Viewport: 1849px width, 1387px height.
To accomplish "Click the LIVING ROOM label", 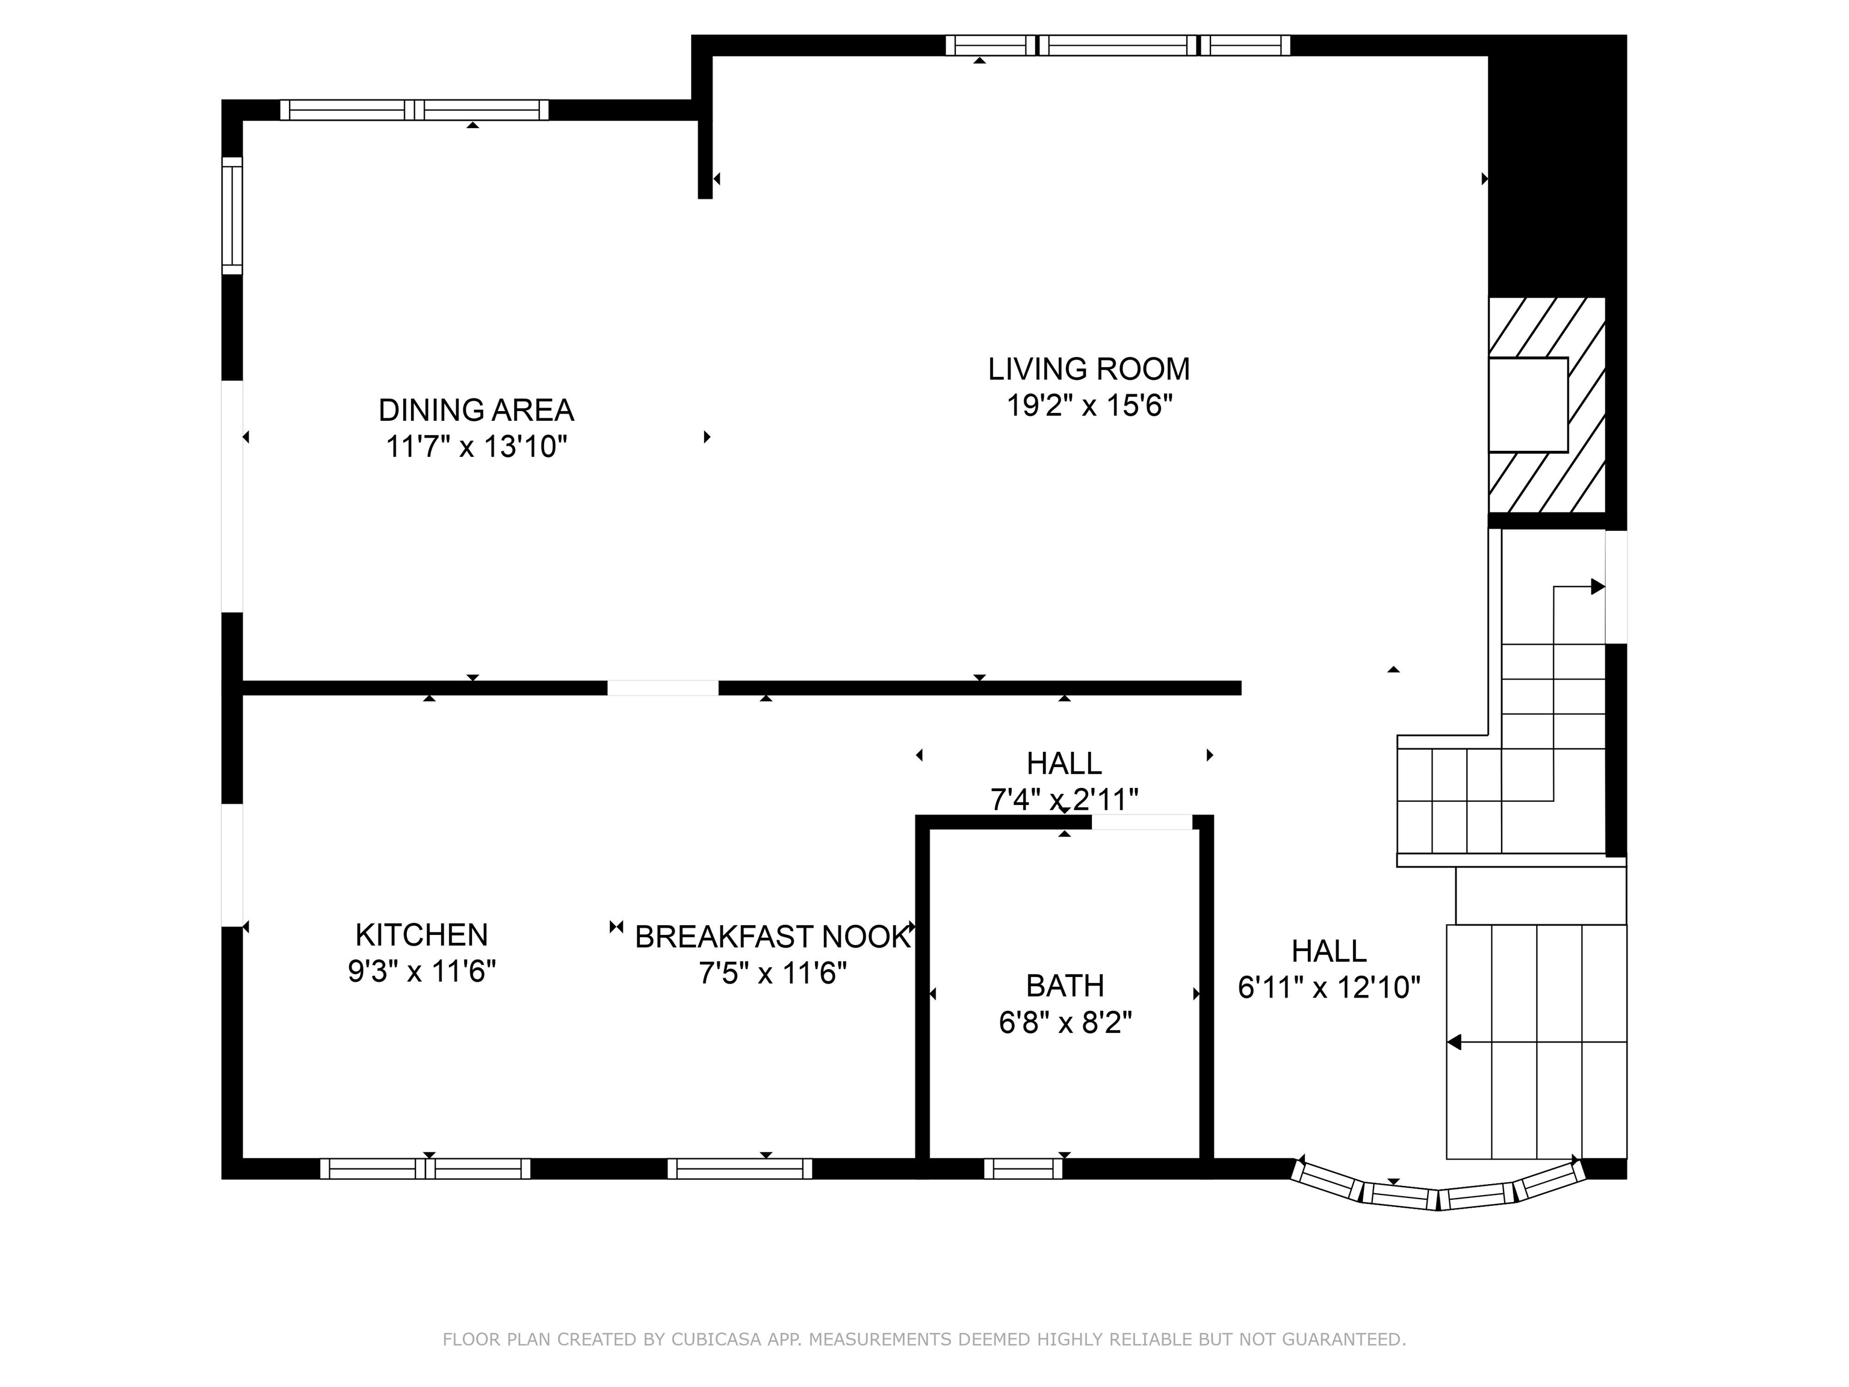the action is click(1088, 368).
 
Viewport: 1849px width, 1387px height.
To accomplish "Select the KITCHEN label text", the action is click(421, 935).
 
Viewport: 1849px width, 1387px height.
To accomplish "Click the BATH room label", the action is click(1065, 985).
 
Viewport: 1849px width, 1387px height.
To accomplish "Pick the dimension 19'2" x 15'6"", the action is click(1089, 406).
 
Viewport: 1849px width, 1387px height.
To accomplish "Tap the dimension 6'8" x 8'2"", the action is click(1065, 1022).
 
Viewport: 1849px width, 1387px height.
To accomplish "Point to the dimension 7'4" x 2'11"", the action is click(1064, 800).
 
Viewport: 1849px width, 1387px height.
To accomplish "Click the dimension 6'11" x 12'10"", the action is click(1329, 987).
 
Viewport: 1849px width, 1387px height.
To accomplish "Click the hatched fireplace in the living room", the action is click(1546, 406).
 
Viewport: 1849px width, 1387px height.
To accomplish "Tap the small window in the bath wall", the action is click(1023, 1168).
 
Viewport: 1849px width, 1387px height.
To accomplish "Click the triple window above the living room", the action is click(1118, 45).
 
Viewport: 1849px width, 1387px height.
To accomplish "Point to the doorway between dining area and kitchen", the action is click(662, 688).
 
